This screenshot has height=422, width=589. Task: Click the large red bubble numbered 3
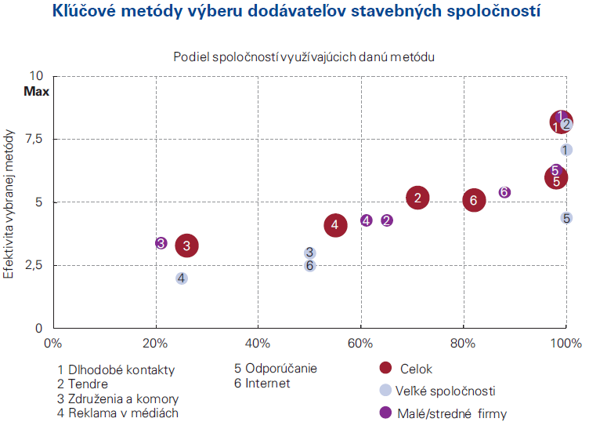186,246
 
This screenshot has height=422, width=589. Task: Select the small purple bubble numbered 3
161,243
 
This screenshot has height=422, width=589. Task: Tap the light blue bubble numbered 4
181,278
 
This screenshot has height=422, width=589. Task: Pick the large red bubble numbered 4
335,225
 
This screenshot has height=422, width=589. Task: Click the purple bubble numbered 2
387,220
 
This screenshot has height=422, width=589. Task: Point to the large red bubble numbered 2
418,198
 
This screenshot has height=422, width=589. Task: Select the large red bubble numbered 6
473,201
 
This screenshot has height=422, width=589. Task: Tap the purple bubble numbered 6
504,192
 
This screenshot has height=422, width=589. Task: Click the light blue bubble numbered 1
566,149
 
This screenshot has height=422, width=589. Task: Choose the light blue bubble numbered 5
566,217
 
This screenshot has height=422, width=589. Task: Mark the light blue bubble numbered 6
310,265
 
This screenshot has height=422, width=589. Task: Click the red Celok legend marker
385,368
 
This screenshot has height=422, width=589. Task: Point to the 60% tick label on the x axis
360,343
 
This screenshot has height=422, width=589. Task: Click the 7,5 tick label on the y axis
36,139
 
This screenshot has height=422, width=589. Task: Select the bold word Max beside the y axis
36,91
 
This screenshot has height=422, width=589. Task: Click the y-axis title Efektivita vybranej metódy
10,202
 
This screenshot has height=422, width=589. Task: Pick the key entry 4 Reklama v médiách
118,413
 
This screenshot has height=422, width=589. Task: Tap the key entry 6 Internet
262,384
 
